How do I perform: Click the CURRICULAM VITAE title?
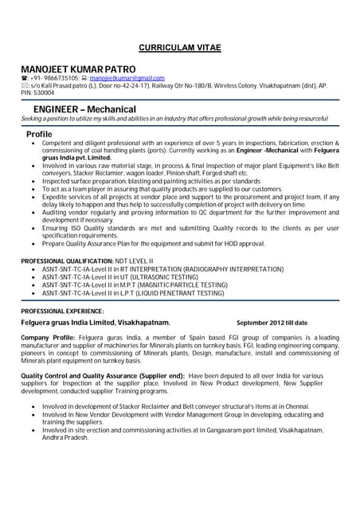[x=179, y=47]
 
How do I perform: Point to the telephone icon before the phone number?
[x=24, y=78]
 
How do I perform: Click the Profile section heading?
[x=39, y=134]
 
